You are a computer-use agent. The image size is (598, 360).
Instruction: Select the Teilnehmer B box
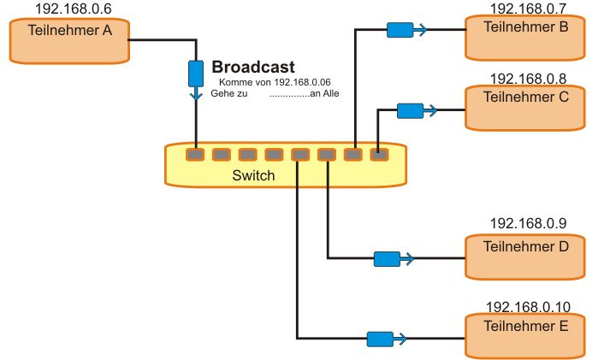point(526,36)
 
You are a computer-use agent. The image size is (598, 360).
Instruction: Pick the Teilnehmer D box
point(526,256)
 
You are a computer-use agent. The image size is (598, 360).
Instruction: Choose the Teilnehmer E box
point(526,335)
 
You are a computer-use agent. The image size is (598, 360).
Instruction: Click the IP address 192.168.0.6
point(73,9)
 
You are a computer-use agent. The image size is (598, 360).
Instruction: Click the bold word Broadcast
point(253,66)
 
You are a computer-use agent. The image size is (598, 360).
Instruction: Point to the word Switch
point(254,175)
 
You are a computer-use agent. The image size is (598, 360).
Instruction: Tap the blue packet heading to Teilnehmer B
point(400,30)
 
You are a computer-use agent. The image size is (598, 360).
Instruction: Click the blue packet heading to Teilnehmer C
point(410,110)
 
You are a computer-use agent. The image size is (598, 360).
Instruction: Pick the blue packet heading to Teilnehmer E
point(380,339)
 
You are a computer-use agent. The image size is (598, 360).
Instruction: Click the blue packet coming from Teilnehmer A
point(196,73)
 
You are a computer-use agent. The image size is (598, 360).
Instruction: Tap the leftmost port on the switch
point(195,155)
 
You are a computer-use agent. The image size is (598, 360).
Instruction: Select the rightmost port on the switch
point(379,155)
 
